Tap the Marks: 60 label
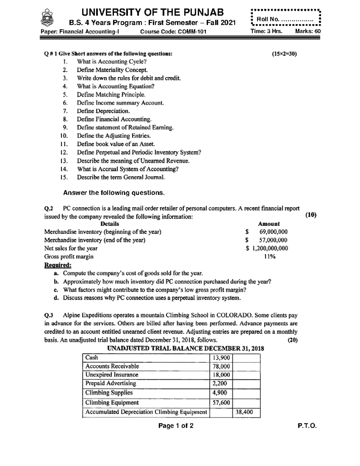tap(308, 32)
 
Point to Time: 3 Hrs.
tap(266, 32)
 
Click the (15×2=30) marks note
tap(284, 54)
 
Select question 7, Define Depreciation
tap(103, 111)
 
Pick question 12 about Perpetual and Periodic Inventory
tap(139, 152)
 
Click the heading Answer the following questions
tap(114, 193)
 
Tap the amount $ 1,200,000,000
tap(267, 248)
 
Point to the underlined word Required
tap(58, 265)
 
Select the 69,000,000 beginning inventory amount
tap(273, 232)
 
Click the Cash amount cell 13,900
tap(221, 358)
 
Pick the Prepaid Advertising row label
tap(110, 383)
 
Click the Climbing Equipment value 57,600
tap(221, 403)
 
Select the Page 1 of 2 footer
tap(176, 426)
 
